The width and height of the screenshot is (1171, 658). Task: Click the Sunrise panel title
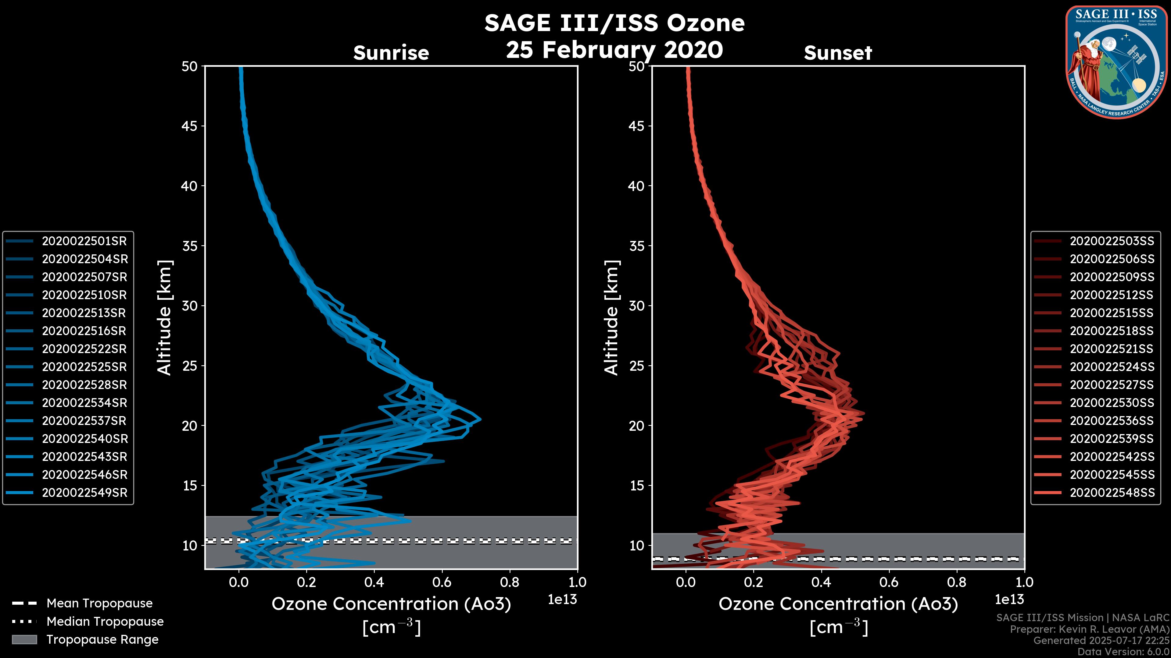point(391,53)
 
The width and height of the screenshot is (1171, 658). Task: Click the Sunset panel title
point(838,53)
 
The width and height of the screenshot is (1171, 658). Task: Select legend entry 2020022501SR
point(84,241)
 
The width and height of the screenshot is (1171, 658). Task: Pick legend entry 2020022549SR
point(84,493)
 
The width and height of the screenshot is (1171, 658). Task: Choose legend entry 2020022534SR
point(84,403)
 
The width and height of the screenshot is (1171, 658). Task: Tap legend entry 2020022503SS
point(1112,241)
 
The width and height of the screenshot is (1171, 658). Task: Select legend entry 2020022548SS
point(1112,493)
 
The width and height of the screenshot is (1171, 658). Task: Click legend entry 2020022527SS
point(1112,385)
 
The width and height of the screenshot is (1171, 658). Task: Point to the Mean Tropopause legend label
point(99,603)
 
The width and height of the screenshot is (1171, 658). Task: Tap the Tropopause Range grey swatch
point(24,639)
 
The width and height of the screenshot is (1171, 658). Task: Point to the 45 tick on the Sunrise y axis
point(190,126)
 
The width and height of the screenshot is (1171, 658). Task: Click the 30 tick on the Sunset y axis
point(637,306)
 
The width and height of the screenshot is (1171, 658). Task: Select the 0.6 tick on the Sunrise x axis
point(442,582)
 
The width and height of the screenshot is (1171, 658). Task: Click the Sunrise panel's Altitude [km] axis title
point(164,317)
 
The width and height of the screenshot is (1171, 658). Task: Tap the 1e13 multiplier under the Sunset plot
point(1009,600)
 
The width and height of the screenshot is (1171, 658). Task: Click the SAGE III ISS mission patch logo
point(1116,62)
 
